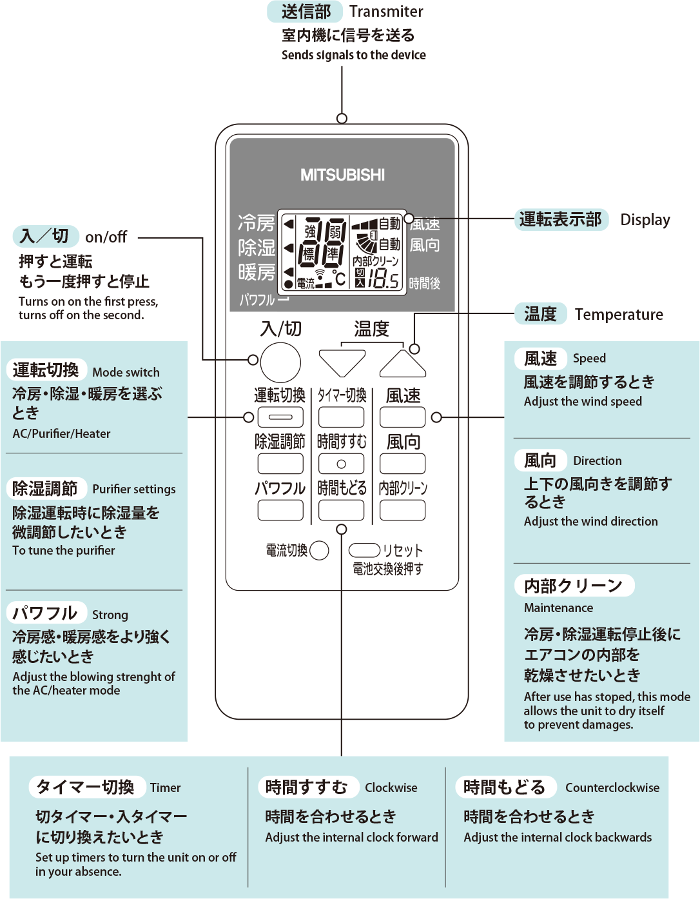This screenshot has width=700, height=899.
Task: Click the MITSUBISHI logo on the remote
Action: tap(342, 175)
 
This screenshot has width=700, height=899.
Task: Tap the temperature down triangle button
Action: tap(342, 361)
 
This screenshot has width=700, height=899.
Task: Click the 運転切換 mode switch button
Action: tap(280, 417)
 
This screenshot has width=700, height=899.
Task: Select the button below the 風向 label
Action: tap(402, 464)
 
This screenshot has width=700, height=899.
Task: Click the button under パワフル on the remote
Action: tap(280, 510)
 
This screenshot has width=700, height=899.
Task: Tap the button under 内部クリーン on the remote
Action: tap(402, 510)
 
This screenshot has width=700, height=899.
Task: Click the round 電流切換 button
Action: tap(319, 550)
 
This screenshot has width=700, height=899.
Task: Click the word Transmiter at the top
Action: tap(386, 12)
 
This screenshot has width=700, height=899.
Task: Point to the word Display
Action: tap(645, 220)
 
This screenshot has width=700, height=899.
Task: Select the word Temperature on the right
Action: tap(619, 315)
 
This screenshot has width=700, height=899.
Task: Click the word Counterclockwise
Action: tap(612, 787)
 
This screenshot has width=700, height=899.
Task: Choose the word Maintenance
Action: tap(558, 608)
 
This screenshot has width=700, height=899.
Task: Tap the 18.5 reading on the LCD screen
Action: tap(384, 279)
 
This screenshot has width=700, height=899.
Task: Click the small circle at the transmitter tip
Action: tap(342, 118)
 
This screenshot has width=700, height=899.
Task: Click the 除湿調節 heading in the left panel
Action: tap(45, 488)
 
